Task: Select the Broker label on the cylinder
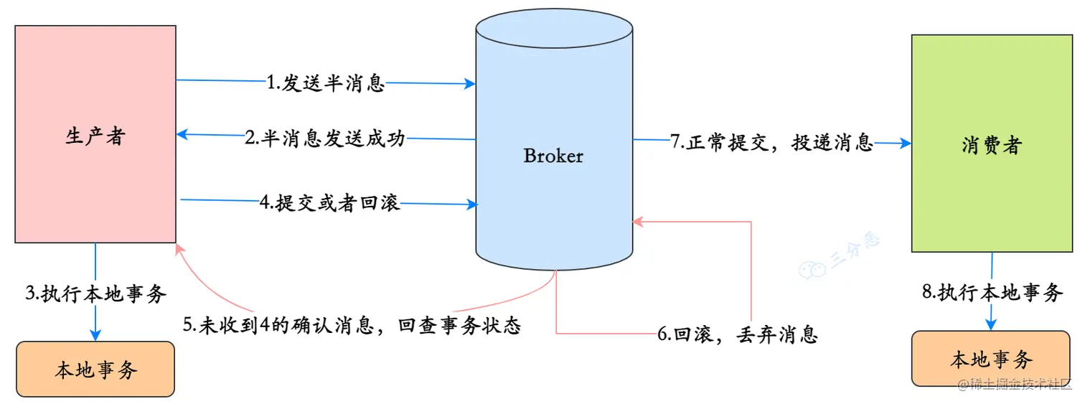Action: coord(553,156)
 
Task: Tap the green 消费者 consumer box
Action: coord(991,144)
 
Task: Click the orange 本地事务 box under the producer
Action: coord(95,369)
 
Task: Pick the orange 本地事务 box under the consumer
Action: coord(991,359)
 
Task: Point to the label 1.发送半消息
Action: coord(326,83)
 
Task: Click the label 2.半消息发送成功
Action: coord(325,138)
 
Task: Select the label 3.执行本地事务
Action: coord(95,293)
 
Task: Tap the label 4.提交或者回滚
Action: coord(329,204)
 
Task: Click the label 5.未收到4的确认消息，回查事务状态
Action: coord(351,325)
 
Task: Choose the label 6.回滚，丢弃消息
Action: coord(737,334)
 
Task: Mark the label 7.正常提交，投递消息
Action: coord(772,142)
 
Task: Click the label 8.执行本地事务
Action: coord(991,292)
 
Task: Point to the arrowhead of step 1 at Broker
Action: coord(471,84)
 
